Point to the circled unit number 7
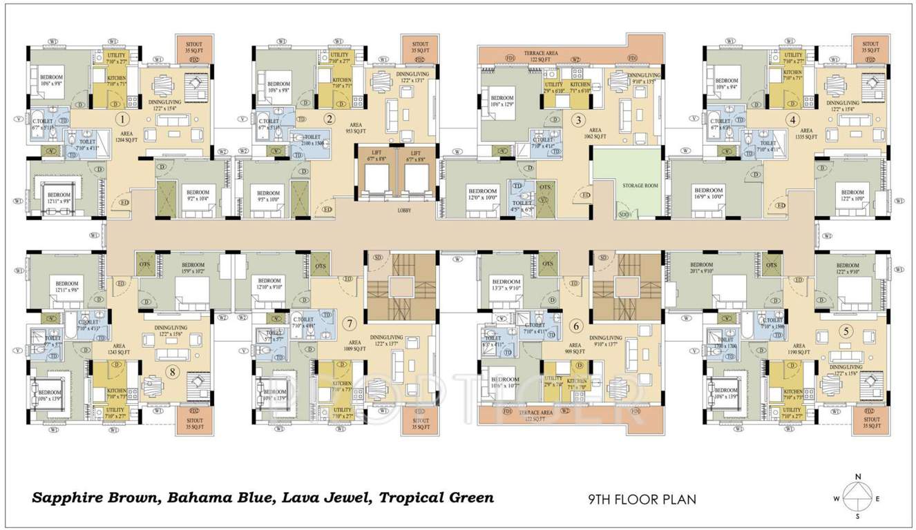pos(350,322)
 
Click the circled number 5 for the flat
pos(846,331)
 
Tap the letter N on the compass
pos(858,477)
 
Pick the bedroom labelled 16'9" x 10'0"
pos(708,193)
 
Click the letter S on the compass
pos(858,516)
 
